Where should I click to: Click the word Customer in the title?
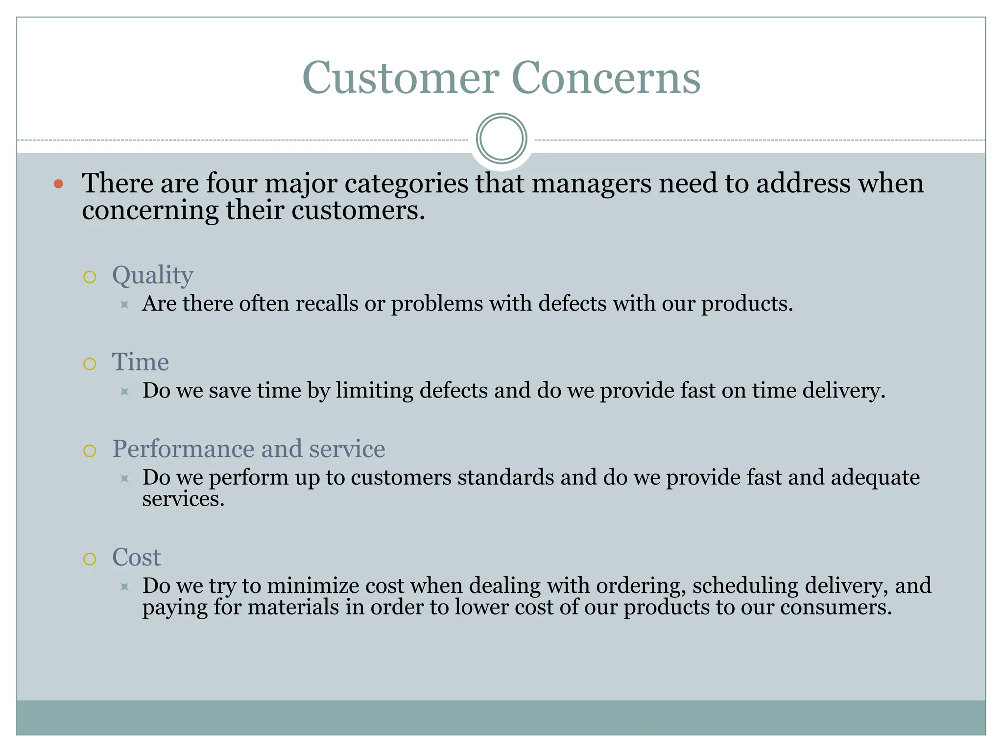(x=401, y=78)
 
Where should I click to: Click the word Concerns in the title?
(x=606, y=78)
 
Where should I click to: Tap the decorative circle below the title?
(x=501, y=139)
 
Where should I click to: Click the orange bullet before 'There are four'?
(x=59, y=184)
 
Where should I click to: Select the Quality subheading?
(x=152, y=276)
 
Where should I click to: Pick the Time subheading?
(x=141, y=362)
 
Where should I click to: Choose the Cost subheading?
(x=136, y=557)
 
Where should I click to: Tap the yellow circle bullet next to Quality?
(x=90, y=278)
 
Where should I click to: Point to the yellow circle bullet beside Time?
(x=90, y=364)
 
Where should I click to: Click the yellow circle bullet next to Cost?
(x=90, y=559)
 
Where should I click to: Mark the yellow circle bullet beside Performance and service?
(x=90, y=451)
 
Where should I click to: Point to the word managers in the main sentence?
(x=591, y=184)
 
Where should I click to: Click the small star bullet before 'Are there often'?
(x=124, y=305)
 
